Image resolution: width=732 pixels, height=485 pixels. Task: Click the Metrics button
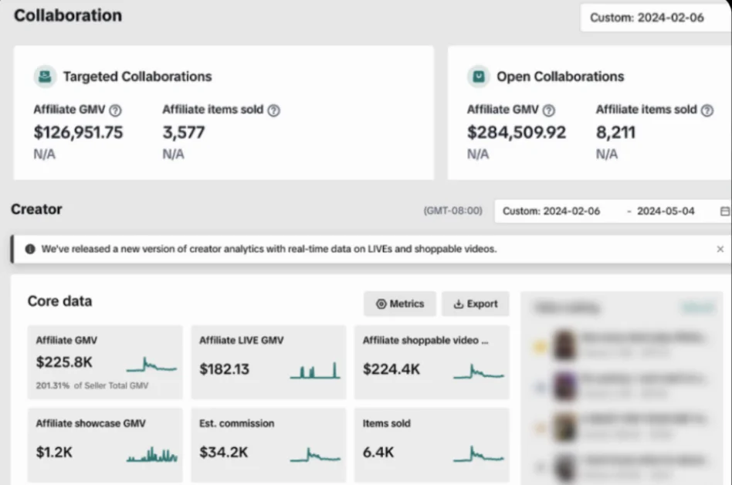tap(400, 304)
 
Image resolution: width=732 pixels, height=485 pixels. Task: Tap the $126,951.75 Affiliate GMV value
tap(78, 132)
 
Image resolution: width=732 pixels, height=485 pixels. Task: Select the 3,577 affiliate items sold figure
tap(184, 132)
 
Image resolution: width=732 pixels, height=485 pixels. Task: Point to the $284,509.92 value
tap(516, 132)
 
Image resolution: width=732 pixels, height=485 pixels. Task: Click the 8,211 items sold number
tap(615, 132)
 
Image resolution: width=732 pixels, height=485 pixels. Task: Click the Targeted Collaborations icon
tap(45, 76)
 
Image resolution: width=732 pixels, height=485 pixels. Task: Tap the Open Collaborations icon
tap(479, 76)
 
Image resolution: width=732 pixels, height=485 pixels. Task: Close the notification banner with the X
tap(720, 249)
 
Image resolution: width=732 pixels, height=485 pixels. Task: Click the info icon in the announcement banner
tap(30, 249)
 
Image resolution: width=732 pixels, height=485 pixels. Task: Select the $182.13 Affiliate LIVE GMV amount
tap(224, 368)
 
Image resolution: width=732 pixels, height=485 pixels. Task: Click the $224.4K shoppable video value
tap(391, 368)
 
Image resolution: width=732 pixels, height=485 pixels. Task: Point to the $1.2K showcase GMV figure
tap(54, 452)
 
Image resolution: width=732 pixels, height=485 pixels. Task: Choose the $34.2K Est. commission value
tap(224, 452)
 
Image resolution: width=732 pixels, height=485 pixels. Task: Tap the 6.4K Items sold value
tap(378, 452)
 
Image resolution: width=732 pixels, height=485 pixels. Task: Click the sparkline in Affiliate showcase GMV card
tap(152, 455)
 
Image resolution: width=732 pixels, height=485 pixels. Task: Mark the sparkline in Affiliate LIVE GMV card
tap(315, 371)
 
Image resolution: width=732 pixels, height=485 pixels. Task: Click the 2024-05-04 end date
tap(666, 211)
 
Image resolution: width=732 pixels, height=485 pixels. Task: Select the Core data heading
tap(59, 301)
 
